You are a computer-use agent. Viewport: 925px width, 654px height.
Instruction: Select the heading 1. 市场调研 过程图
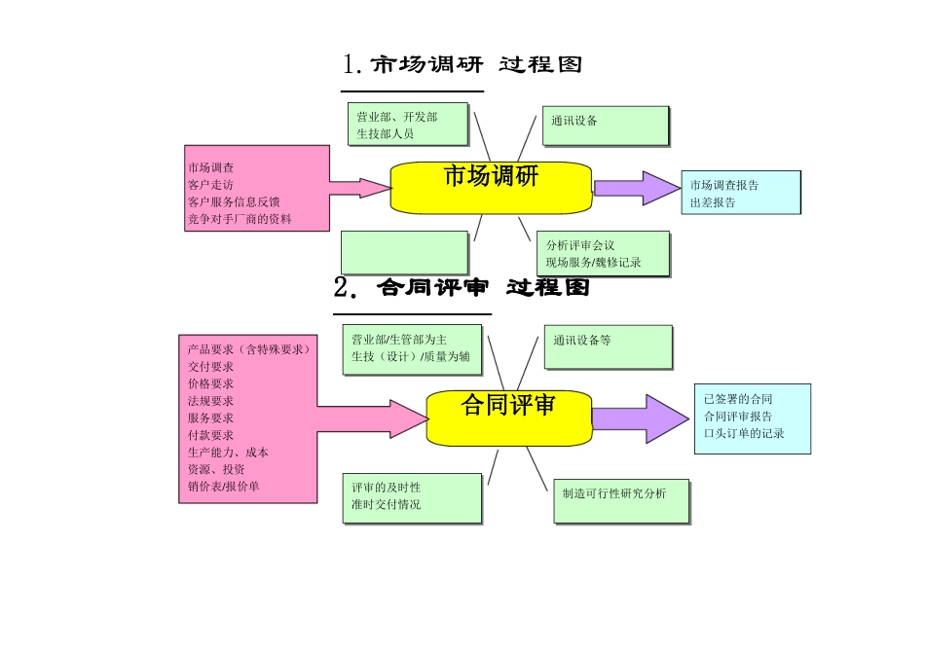pos(463,65)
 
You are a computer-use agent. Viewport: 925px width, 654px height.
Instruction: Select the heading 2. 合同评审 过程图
pos(462,288)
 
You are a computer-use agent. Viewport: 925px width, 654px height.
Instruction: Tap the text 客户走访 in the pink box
pos(210,184)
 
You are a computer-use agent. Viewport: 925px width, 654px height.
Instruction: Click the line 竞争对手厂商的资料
pos(240,219)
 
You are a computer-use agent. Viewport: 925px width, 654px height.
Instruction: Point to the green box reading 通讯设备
pos(605,126)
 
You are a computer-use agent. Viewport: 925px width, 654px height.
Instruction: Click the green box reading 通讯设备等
pos(608,347)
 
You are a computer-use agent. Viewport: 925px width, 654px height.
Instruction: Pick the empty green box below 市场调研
pos(404,252)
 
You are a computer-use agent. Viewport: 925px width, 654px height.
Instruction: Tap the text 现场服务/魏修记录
pos(593,263)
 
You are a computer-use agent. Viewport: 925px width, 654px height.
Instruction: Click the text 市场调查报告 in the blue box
pos(724,185)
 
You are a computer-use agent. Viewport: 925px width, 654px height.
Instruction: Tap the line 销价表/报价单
pos(224,486)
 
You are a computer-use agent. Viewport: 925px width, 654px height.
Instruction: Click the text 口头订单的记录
pos(744,433)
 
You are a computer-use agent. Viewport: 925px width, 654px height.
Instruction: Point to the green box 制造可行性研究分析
pos(620,500)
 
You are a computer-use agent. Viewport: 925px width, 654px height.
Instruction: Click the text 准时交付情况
pos(387,504)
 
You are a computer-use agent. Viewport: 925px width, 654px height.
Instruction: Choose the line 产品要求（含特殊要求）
pos(249,348)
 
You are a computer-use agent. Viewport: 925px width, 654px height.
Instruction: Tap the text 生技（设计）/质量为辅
pos(411,356)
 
